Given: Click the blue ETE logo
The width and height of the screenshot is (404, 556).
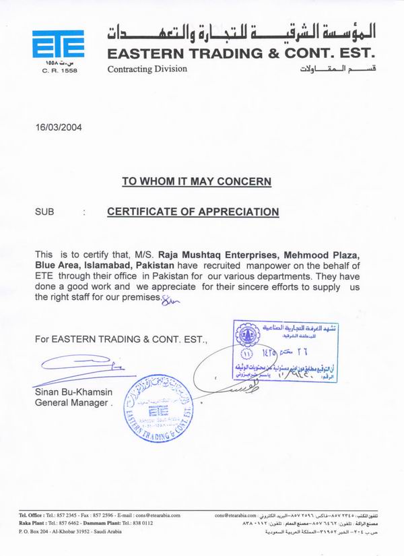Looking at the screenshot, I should click(x=59, y=44).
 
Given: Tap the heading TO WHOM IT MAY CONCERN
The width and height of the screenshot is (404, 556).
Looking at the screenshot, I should click(x=197, y=181).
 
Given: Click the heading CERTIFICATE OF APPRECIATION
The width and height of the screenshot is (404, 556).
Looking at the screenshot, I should click(x=193, y=212).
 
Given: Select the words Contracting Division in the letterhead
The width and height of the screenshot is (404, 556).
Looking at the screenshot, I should click(x=146, y=69).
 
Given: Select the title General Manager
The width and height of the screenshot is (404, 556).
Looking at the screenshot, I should click(x=71, y=402).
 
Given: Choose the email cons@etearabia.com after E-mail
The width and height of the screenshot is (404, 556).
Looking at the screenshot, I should click(x=156, y=516).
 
